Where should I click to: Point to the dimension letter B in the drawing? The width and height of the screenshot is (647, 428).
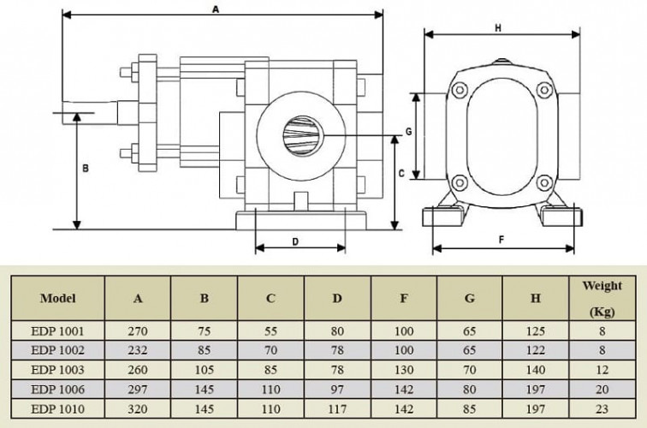point(85,169)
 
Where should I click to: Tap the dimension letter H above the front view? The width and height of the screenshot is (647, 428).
point(498,27)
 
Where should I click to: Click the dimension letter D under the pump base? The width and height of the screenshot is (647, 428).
point(295,241)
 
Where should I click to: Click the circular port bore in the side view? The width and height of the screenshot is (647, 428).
point(301,136)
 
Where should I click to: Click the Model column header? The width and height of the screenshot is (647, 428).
point(57,299)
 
